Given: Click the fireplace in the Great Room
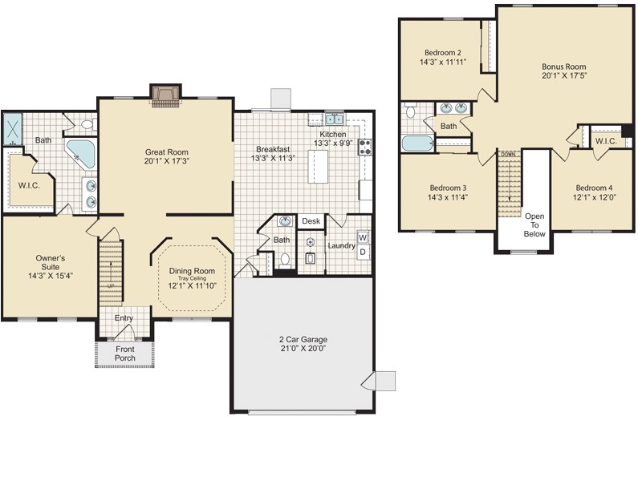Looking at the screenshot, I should [x=165, y=96].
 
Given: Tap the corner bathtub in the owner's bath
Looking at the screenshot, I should [x=79, y=152].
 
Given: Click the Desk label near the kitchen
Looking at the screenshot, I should [x=311, y=221].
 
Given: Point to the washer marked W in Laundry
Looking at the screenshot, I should [x=363, y=238].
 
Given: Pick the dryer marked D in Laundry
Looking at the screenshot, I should [x=363, y=253].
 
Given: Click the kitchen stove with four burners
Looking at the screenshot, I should [x=364, y=147].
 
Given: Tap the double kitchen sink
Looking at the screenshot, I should [x=334, y=120].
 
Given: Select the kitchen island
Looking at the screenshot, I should [x=322, y=166].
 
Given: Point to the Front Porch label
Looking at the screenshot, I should [x=125, y=354].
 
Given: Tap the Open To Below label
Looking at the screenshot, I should [x=534, y=224].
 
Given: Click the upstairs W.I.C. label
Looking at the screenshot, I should [x=605, y=141].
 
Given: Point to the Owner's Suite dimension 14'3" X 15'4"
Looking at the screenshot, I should [x=50, y=275].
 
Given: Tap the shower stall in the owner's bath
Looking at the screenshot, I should [x=13, y=129].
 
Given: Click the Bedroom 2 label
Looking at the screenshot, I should [x=441, y=55].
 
